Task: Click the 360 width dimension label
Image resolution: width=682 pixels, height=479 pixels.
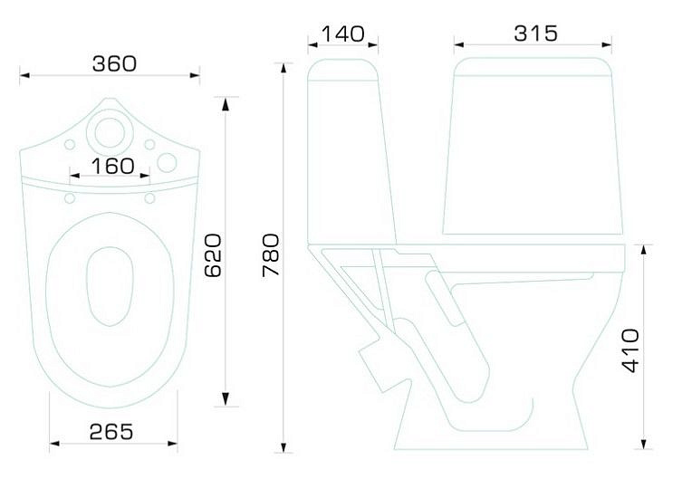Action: point(114,64)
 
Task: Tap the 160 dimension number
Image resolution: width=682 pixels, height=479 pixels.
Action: point(112,166)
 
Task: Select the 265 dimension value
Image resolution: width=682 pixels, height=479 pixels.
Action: point(110,432)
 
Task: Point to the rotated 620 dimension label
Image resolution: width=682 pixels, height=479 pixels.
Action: point(213,255)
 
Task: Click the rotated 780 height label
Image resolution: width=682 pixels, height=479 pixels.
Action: point(271,255)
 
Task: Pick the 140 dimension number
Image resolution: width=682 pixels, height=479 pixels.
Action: point(342,34)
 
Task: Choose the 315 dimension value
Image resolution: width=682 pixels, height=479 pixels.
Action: point(535,34)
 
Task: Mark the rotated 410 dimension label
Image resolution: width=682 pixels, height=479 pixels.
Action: point(630,350)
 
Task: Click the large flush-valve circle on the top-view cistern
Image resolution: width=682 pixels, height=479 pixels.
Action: point(110,132)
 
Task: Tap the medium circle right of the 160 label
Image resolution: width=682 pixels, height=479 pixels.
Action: point(167,163)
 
